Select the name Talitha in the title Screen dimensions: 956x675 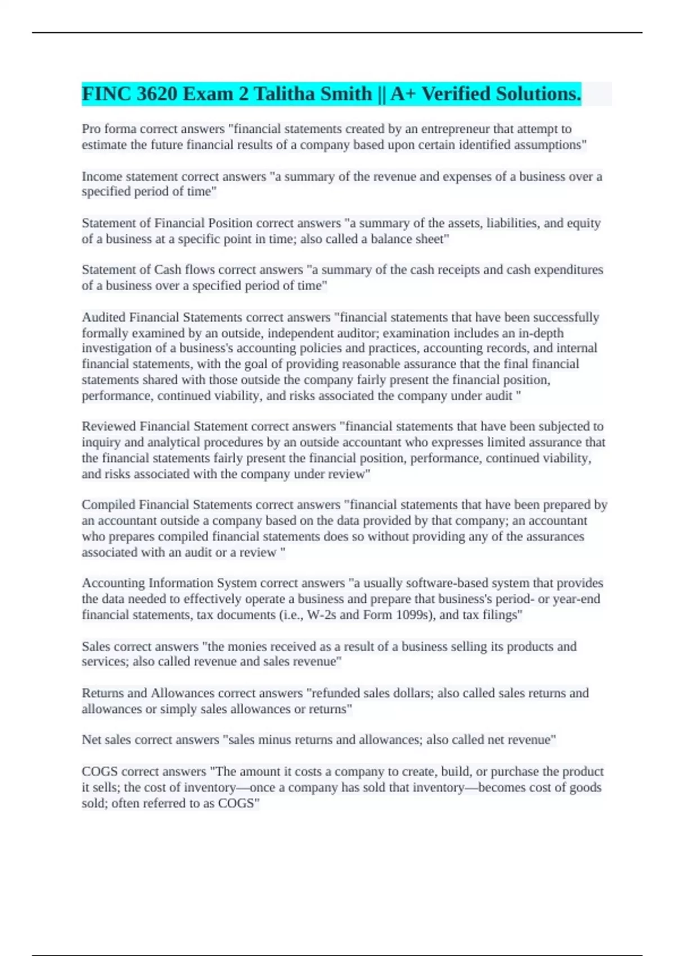284,94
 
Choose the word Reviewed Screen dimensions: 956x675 109,426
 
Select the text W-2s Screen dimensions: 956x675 321,615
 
